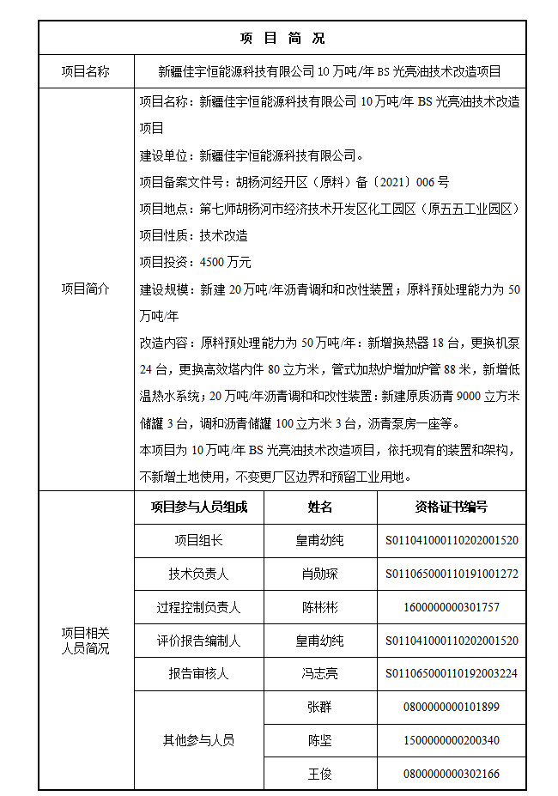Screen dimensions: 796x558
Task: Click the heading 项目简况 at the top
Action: pos(282,39)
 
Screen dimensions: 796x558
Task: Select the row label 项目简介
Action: pos(86,289)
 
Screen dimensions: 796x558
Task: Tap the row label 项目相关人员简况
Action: pos(86,641)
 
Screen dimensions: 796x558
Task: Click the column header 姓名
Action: pos(320,507)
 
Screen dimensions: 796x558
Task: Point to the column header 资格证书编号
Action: pos(452,507)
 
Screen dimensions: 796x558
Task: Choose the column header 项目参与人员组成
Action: pos(199,507)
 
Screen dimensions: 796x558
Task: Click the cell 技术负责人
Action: pos(199,574)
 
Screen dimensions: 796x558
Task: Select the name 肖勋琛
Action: pos(320,574)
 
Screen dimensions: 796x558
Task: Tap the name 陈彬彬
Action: pos(320,607)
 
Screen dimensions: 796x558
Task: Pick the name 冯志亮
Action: pos(320,674)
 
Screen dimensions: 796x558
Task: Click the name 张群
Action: pos(320,708)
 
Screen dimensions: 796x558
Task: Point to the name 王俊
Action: pos(320,774)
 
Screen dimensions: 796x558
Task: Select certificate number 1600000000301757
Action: pos(452,607)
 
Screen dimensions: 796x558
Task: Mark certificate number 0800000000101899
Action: pos(452,708)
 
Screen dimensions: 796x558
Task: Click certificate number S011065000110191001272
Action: pos(452,574)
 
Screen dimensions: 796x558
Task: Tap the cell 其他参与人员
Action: pos(199,740)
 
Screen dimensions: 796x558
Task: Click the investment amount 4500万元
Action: pos(225,262)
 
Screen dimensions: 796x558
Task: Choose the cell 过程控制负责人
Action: pos(199,607)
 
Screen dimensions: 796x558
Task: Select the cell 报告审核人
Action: pos(199,674)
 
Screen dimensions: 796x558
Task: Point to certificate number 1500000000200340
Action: pos(452,740)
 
